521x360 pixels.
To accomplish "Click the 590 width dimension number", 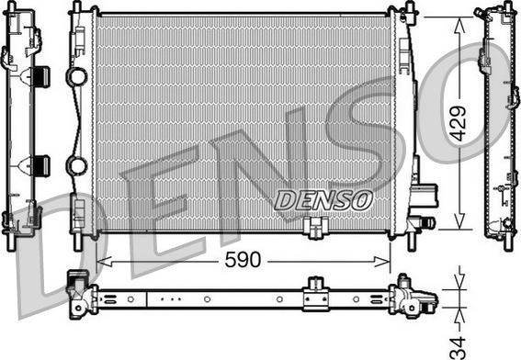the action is click(243, 260).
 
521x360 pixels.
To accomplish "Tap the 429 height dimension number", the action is click(460, 123).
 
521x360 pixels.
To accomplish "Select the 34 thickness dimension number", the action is click(459, 347).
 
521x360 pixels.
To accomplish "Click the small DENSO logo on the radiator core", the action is click(323, 200).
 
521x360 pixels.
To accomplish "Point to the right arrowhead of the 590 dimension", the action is click(382, 262).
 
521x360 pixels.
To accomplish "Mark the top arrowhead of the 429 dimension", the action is click(459, 25).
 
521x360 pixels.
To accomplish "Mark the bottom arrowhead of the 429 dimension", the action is click(459, 221).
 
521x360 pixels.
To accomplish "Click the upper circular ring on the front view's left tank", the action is click(76, 76).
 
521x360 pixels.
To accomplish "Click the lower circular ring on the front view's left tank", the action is click(76, 165).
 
